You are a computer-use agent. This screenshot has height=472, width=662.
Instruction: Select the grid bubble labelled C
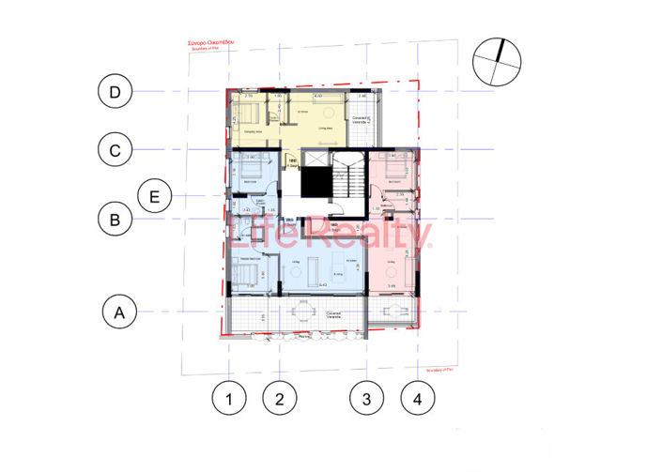115,149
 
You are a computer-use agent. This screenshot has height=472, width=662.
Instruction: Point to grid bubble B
115,221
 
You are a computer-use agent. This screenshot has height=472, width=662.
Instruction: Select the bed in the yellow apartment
252,116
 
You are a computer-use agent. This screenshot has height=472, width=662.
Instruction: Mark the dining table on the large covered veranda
305,313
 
